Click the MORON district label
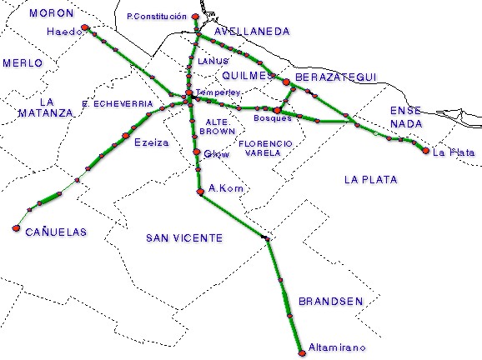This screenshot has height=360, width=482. click(51, 13)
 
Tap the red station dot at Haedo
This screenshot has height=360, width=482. click(85, 28)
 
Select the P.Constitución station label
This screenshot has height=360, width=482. click(156, 16)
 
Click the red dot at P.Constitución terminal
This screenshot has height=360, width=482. click(194, 17)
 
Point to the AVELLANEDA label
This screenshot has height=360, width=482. click(252, 32)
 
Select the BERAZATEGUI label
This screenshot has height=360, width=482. click(336, 77)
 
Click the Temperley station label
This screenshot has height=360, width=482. click(218, 91)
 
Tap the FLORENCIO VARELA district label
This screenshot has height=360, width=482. click(265, 148)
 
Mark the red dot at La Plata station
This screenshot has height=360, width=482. click(425, 151)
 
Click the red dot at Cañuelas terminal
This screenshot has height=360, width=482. click(16, 227)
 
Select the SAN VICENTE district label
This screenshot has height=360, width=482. click(184, 238)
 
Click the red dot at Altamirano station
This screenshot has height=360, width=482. click(301, 353)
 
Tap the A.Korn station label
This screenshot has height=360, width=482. click(226, 188)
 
